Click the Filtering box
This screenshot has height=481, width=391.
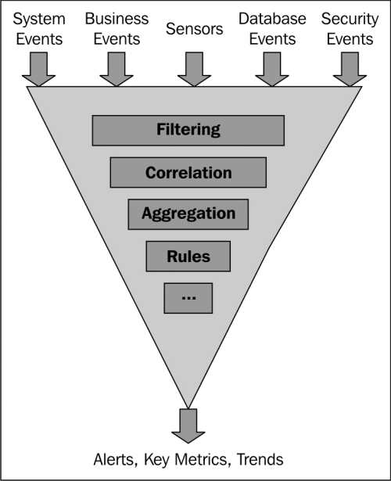click(188, 131)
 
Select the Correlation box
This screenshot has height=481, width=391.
click(188, 172)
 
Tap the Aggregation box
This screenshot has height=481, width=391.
click(188, 214)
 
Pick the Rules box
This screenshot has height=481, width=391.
click(188, 257)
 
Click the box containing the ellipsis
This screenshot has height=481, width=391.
click(188, 298)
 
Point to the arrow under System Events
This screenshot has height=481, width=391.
click(38, 70)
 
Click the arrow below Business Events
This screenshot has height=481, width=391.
click(117, 70)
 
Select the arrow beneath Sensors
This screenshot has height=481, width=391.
click(194, 70)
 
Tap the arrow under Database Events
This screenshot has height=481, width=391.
click(272, 70)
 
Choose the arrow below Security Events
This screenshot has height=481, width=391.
click(350, 70)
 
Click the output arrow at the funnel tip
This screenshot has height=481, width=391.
click(188, 426)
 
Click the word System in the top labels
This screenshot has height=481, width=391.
click(39, 20)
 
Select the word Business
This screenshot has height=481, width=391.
click(117, 19)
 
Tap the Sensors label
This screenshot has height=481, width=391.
click(195, 29)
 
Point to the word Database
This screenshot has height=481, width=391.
click(272, 19)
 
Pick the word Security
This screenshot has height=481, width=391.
click(350, 20)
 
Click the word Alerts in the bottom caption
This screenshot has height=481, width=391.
click(115, 460)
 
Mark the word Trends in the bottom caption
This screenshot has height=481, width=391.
click(260, 460)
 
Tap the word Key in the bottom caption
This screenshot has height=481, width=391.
click(156, 461)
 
